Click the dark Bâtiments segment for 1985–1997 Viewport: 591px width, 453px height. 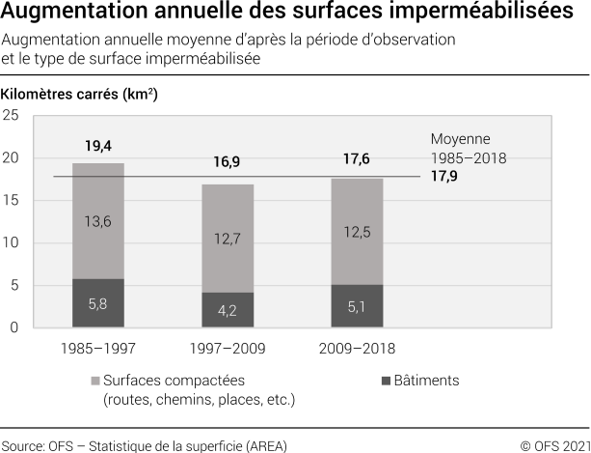pyautogui.click(x=97, y=303)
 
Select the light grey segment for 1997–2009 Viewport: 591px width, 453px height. pyautogui.click(x=227, y=239)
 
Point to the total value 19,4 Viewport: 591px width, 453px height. pyautogui.click(x=98, y=147)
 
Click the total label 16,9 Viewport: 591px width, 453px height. pyautogui.click(x=227, y=162)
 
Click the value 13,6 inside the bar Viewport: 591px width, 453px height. pyautogui.click(x=98, y=221)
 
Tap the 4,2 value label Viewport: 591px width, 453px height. pyautogui.click(x=227, y=311)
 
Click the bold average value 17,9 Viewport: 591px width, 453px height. pyautogui.click(x=444, y=177)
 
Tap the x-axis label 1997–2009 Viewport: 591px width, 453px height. pyautogui.click(x=227, y=348)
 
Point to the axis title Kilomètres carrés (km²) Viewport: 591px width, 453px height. pyautogui.click(x=80, y=95)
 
